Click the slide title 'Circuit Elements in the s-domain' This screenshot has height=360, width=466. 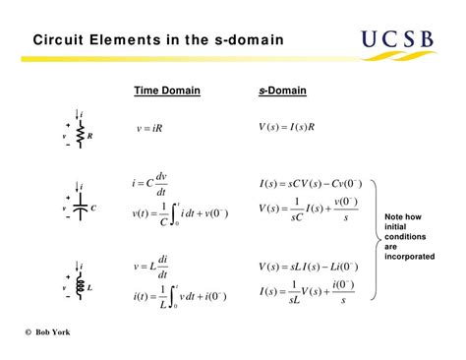[x=158, y=41]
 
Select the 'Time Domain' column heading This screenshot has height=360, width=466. [x=167, y=91]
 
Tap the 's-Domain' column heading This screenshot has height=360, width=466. [x=282, y=91]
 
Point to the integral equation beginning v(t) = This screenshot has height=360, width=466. [x=179, y=213]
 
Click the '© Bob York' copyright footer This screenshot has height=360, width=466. [x=48, y=331]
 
